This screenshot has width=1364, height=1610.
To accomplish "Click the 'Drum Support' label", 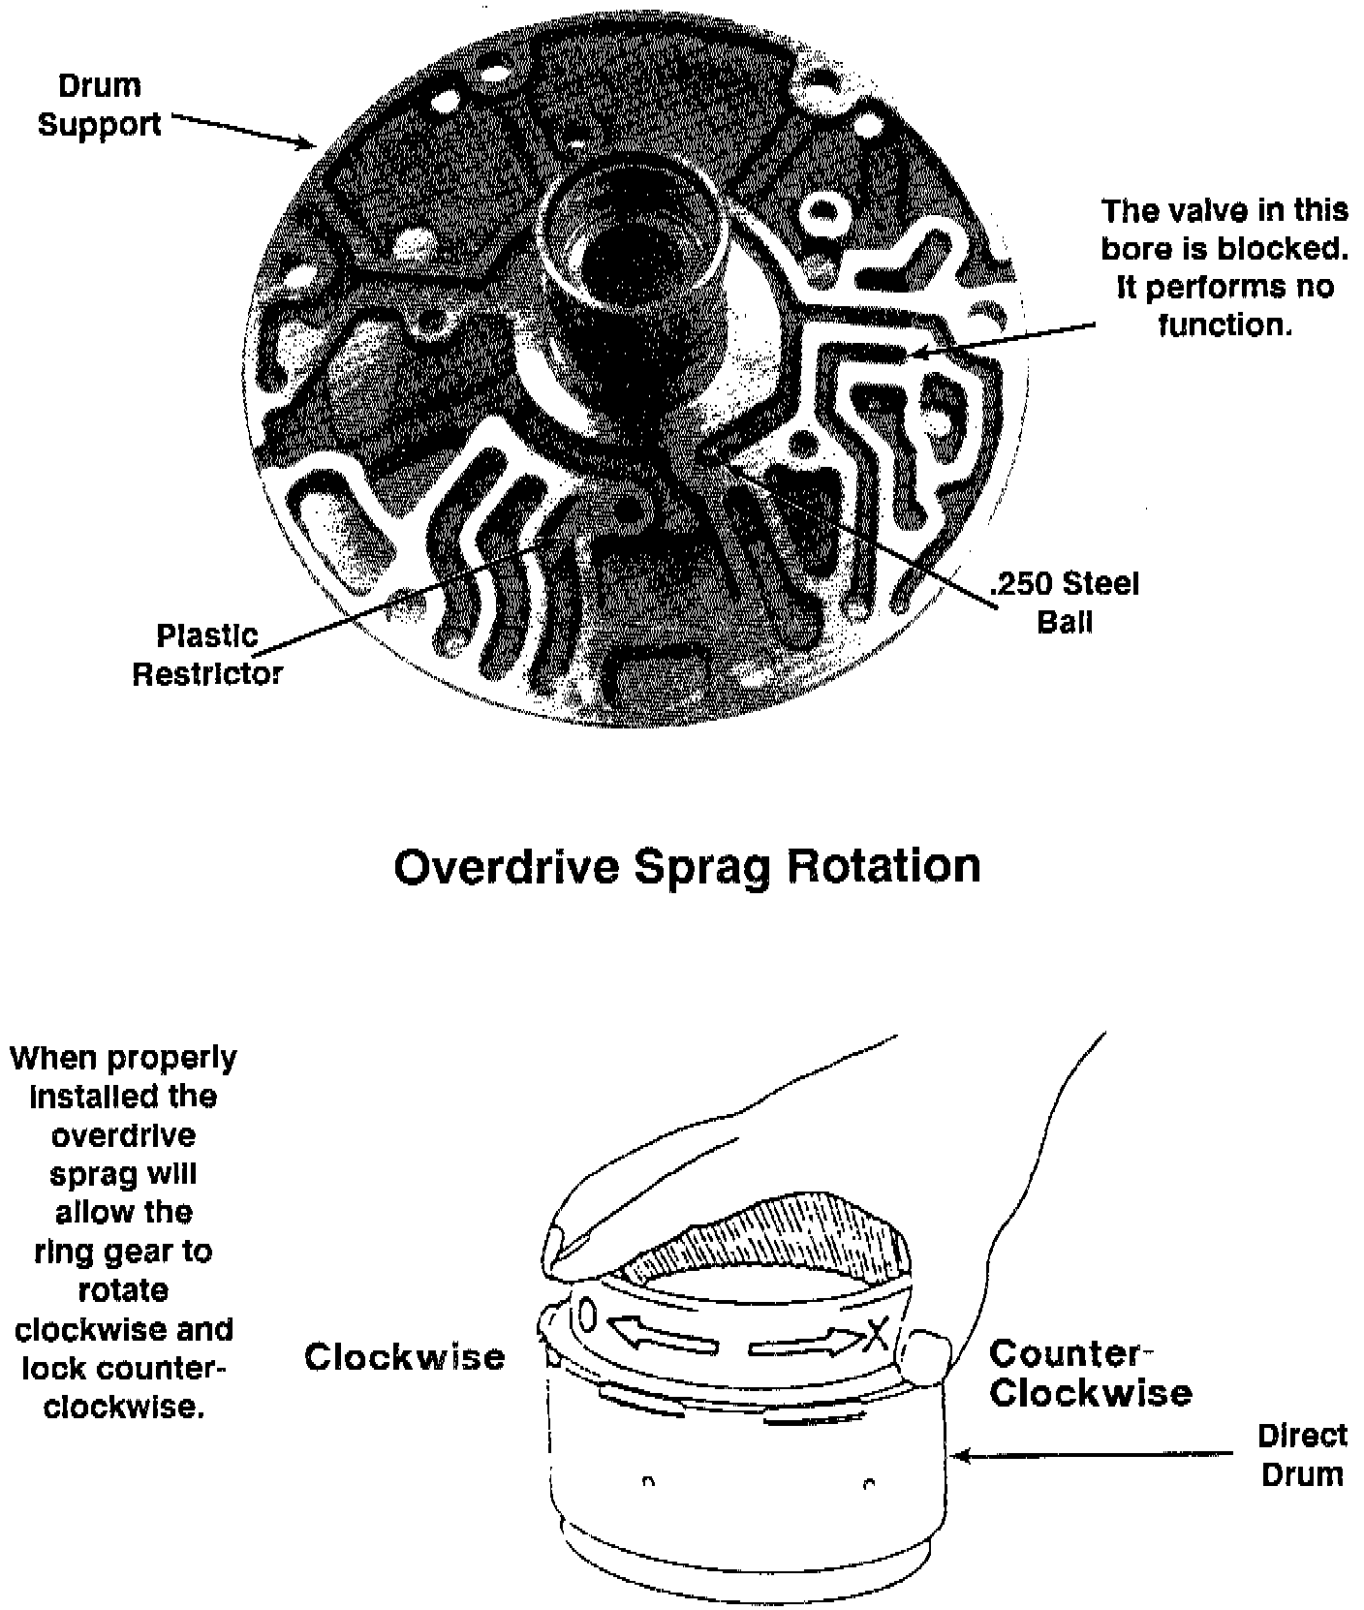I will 100,106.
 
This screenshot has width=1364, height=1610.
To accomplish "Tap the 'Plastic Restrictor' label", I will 206,654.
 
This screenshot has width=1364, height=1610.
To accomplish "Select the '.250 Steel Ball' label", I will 1065,602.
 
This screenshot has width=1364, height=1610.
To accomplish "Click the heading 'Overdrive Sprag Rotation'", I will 687,866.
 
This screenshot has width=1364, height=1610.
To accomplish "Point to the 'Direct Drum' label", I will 1302,1454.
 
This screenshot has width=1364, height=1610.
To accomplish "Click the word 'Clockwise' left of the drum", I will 405,1357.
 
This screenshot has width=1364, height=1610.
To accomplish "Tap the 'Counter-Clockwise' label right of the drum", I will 1090,1373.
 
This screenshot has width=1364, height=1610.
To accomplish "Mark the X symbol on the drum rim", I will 877,1336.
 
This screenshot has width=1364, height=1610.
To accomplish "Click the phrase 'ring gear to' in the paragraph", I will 123,1252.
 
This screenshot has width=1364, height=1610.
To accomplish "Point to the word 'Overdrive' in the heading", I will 506,866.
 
